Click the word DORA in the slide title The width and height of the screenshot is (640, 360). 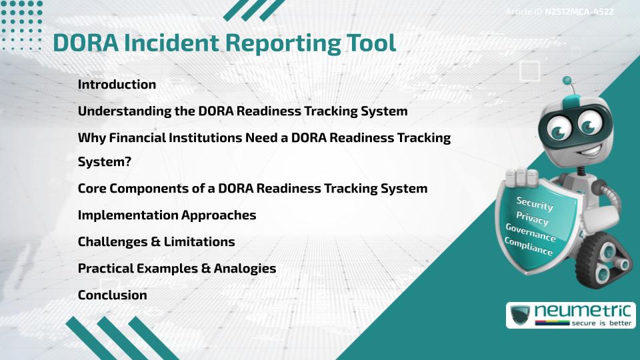84,42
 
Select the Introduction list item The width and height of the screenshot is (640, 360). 117,85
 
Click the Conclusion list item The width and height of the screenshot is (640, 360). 112,295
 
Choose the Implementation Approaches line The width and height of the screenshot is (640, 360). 167,215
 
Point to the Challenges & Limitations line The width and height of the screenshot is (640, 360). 156,242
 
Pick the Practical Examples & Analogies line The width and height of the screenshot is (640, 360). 177,269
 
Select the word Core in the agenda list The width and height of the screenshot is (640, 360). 92,189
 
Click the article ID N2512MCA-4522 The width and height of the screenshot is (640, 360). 579,12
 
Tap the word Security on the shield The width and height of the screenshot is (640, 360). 534,204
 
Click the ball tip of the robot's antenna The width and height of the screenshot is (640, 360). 567,81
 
